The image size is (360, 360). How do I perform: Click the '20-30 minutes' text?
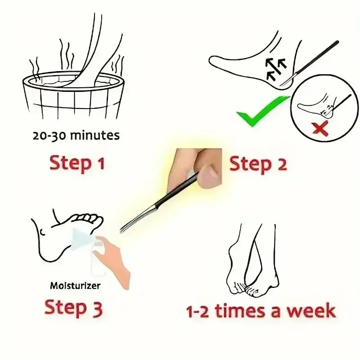pos(76,135)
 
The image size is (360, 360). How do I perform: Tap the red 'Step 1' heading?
pos(77,162)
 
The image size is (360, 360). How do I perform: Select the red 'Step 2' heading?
pos(258,164)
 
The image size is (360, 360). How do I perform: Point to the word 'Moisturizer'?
pos(75,285)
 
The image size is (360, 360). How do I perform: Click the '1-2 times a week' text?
pos(261,311)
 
